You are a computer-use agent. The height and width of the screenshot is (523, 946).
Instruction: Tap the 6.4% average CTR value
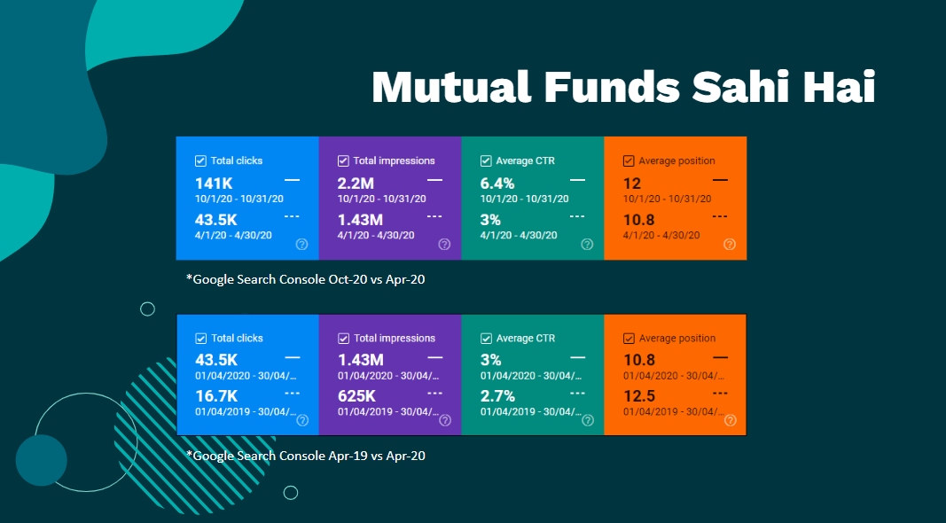(x=497, y=183)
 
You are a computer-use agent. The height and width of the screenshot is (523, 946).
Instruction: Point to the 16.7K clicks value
(x=216, y=396)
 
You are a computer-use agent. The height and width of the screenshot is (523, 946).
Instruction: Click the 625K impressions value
(x=356, y=396)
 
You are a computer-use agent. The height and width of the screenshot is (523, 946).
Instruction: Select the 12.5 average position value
(x=640, y=396)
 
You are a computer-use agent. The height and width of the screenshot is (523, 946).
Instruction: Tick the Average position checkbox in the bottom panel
(x=629, y=339)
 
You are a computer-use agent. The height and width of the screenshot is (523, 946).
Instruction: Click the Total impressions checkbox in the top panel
(x=343, y=161)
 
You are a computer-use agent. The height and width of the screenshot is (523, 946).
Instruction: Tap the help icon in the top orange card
(x=729, y=244)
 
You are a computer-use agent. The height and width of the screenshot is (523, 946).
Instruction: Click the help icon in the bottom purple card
(x=444, y=420)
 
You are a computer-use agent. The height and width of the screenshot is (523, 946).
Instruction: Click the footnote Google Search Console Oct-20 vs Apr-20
(x=305, y=278)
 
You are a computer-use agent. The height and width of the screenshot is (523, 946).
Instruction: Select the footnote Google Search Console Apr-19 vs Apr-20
(x=305, y=456)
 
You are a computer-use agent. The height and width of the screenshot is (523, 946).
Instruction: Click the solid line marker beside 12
(x=720, y=180)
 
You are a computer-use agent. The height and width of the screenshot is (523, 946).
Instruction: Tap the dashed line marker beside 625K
(x=434, y=393)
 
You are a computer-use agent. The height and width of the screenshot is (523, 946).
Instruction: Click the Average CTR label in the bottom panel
(x=527, y=339)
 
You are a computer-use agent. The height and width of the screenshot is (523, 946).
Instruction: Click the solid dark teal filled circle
(x=42, y=460)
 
